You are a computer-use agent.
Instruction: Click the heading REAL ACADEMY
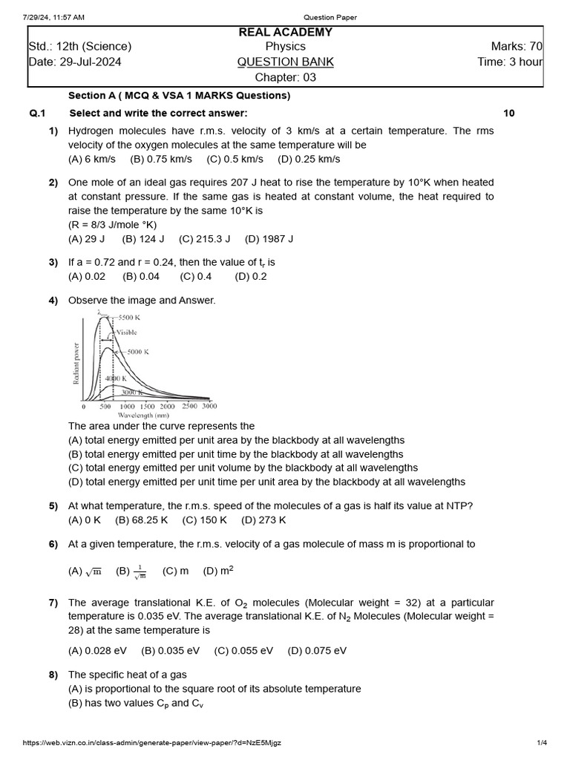(x=285, y=32)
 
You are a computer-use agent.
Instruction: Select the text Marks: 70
(x=511, y=47)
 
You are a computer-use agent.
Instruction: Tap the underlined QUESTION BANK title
(x=285, y=62)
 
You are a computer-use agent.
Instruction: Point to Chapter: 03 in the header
(x=285, y=77)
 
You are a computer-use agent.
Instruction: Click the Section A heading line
(x=179, y=96)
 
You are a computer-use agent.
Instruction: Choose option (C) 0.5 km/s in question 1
(x=235, y=159)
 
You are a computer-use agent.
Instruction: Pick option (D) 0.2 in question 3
(x=251, y=276)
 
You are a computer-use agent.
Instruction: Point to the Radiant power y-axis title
(x=76, y=363)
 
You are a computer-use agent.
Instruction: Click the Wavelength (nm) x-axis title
(x=148, y=416)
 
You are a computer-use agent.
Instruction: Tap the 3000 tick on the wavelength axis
(x=209, y=407)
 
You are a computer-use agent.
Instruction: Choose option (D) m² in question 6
(x=219, y=571)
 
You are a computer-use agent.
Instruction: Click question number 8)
(x=53, y=675)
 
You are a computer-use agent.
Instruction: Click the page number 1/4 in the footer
(x=542, y=743)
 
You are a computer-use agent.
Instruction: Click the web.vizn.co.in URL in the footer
(x=152, y=743)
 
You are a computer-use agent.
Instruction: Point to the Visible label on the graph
(x=127, y=333)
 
